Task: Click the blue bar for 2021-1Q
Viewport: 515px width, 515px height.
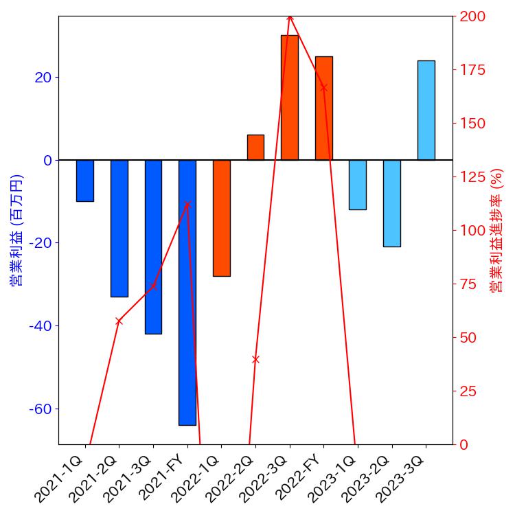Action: pyautogui.click(x=85, y=181)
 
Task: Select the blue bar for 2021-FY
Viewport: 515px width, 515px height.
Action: pyautogui.click(x=187, y=293)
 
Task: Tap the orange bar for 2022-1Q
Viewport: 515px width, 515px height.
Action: pyautogui.click(x=222, y=218)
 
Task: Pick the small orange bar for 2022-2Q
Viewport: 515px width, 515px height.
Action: pyautogui.click(x=255, y=148)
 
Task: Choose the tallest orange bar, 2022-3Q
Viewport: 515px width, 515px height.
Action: pyautogui.click(x=290, y=98)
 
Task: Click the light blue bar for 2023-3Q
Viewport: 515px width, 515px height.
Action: pyautogui.click(x=426, y=111)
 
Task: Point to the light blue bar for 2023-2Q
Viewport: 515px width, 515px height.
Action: pyautogui.click(x=392, y=203)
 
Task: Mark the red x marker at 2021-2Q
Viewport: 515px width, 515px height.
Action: pyautogui.click(x=119, y=321)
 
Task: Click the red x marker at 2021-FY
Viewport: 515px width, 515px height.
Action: pyautogui.click(x=187, y=204)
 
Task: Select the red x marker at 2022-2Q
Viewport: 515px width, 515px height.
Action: pyautogui.click(x=255, y=359)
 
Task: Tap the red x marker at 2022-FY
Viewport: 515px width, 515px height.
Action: pyautogui.click(x=323, y=88)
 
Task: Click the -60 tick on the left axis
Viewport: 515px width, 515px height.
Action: pyautogui.click(x=42, y=409)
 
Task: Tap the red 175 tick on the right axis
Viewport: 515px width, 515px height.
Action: pyautogui.click(x=471, y=70)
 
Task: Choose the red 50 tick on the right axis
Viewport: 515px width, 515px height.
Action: pyautogui.click(x=468, y=338)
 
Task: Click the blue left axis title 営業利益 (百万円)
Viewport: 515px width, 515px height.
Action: pyautogui.click(x=16, y=230)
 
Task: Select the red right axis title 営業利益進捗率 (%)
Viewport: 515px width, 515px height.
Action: pyautogui.click(x=496, y=230)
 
